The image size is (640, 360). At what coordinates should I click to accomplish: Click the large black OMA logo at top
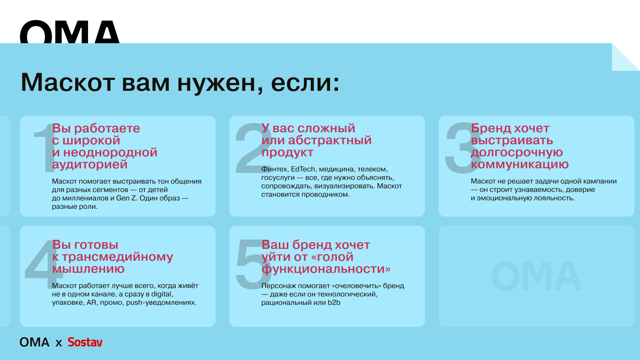70,32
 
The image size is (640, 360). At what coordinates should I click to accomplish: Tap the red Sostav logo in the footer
85,342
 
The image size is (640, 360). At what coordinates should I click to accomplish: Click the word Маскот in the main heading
68,82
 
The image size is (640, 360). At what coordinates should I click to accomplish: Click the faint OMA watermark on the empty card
536,276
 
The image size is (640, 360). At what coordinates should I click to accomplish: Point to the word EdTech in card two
303,169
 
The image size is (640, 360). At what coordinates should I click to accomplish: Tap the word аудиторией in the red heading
90,165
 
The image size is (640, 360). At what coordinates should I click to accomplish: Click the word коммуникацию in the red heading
520,164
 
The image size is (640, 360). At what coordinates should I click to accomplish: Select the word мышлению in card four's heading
88,269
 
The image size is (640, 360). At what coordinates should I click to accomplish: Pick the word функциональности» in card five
326,269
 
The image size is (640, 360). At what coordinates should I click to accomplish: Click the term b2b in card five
334,302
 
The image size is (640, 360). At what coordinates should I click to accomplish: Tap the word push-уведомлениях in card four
162,302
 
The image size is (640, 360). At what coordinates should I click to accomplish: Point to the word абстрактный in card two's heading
330,140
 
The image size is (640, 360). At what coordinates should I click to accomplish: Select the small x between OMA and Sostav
58,343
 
